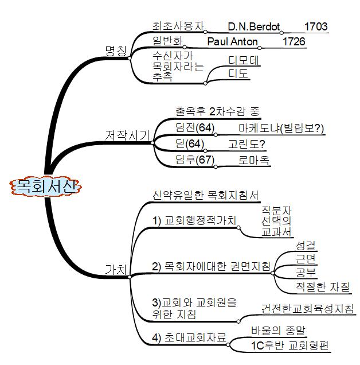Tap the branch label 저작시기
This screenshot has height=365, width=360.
pos(128,135)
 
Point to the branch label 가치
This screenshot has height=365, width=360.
pos(116,269)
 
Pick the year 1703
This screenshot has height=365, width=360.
pos(316,26)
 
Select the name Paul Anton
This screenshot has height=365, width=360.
pos(232,42)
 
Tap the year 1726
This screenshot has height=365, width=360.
pos(294,42)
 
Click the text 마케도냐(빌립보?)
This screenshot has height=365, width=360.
pos(281,129)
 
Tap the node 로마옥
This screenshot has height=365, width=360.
pos(254,160)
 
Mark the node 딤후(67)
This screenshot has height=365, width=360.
pos(194,160)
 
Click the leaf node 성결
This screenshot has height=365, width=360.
pos(306,245)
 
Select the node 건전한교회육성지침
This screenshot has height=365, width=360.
pos(307,308)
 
